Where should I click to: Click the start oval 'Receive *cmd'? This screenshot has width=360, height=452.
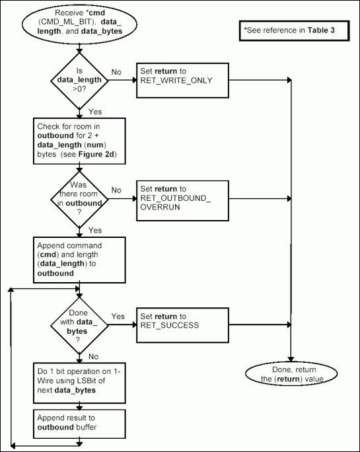point(79,25)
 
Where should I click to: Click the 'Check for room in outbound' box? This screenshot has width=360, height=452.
point(79,136)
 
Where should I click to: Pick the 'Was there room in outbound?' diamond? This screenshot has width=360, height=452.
point(79,197)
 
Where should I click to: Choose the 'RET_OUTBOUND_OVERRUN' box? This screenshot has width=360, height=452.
point(182,198)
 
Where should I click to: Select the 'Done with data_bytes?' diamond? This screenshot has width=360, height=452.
point(79,324)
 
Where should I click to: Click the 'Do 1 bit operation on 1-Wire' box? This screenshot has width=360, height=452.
point(79,381)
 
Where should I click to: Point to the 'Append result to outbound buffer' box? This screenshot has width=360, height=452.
point(79,421)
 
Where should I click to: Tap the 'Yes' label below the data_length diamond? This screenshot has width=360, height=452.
point(95,112)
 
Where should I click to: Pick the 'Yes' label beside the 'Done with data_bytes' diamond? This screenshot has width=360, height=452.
point(118,316)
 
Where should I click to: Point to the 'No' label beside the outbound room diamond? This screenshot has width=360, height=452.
point(116,190)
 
